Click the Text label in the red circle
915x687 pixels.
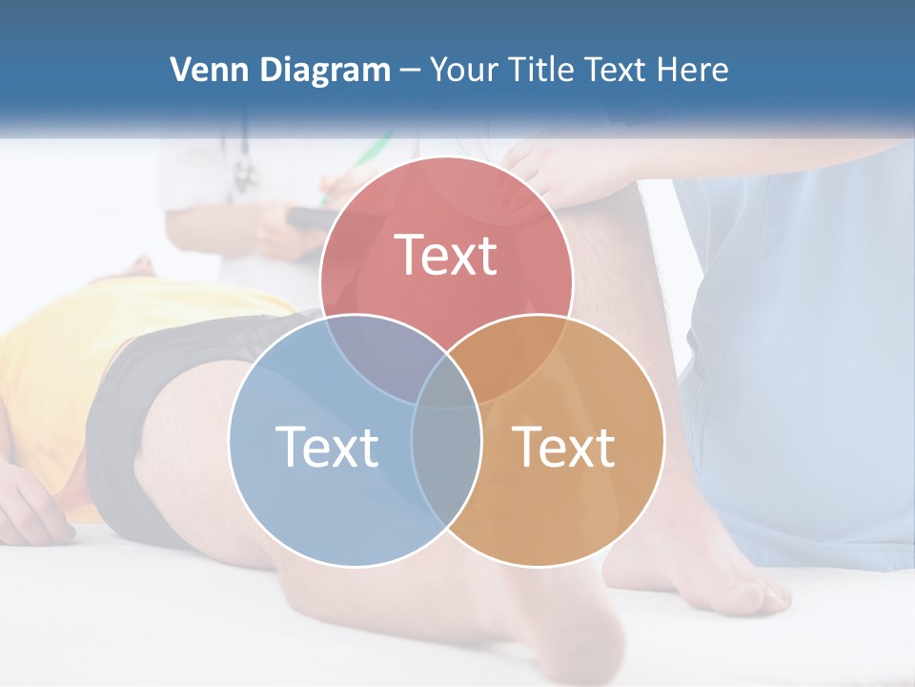tap(446, 255)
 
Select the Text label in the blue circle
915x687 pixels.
tap(327, 447)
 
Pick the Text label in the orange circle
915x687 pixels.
tap(564, 447)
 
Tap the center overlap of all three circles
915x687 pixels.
tap(446, 382)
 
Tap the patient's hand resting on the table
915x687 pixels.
tap(33, 510)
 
